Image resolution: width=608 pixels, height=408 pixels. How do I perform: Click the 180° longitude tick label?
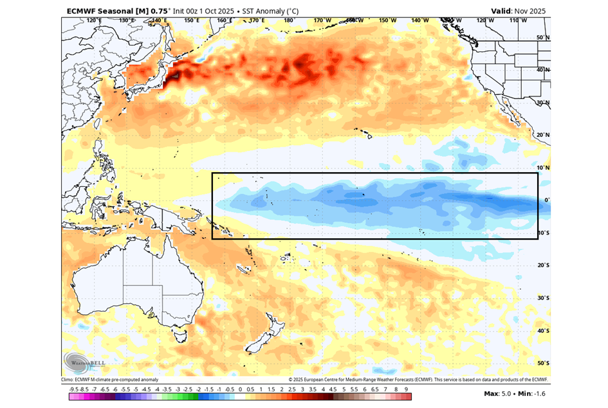[288, 21]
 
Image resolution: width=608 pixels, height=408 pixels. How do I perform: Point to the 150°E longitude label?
[191, 21]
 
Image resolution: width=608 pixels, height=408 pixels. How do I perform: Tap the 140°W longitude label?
[419, 21]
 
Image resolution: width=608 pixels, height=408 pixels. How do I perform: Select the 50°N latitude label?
[543, 38]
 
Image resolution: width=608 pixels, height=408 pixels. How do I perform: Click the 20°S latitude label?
[543, 265]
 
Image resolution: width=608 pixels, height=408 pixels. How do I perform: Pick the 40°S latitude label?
[543, 331]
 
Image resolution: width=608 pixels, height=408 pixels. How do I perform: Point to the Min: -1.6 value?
[531, 393]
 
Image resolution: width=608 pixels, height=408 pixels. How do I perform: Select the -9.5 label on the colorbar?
[73, 389]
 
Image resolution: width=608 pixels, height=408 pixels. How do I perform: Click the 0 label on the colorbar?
[240, 389]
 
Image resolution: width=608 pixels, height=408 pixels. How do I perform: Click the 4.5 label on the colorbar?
[333, 389]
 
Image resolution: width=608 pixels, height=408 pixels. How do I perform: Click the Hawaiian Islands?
[369, 135]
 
